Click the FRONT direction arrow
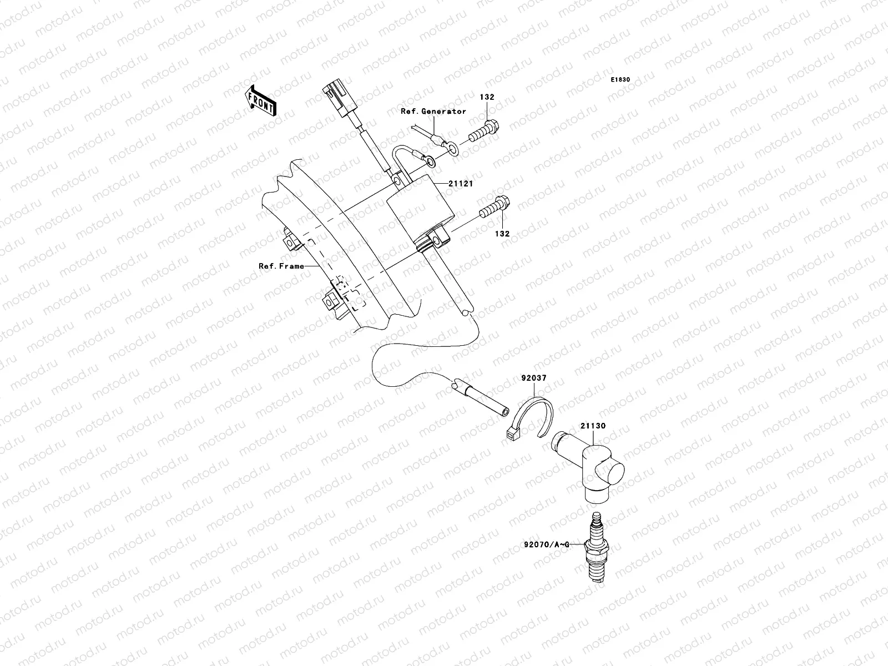click(x=262, y=100)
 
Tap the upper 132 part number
click(x=487, y=97)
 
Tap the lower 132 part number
click(x=502, y=234)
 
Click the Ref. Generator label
click(x=433, y=112)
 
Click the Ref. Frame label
click(x=281, y=266)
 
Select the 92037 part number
click(x=533, y=378)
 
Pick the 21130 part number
click(x=593, y=426)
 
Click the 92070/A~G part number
click(x=546, y=546)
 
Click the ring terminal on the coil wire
click(x=429, y=161)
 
